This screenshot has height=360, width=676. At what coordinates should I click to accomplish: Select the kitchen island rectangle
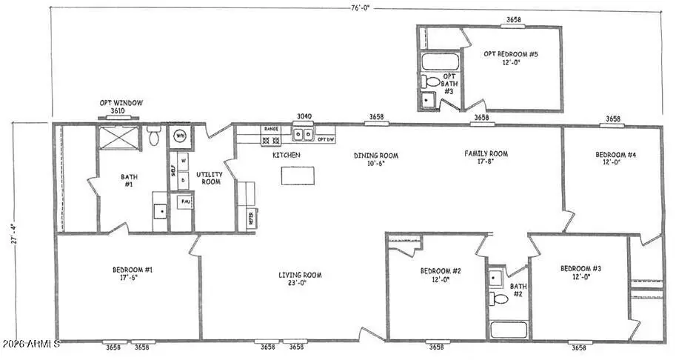(x=296, y=176)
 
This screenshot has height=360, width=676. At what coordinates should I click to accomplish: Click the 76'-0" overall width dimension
(x=361, y=8)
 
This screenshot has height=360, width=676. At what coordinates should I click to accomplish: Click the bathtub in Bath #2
(x=507, y=330)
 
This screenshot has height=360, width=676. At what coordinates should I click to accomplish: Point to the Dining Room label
(x=376, y=160)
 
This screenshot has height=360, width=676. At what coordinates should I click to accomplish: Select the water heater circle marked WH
(x=180, y=136)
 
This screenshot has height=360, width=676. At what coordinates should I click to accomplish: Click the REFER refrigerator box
(x=251, y=218)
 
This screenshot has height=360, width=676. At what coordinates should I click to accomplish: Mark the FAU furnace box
(x=184, y=201)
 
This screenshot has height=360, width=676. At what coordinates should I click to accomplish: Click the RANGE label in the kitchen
(x=271, y=129)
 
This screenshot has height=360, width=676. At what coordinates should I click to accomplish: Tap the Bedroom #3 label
(x=580, y=272)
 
